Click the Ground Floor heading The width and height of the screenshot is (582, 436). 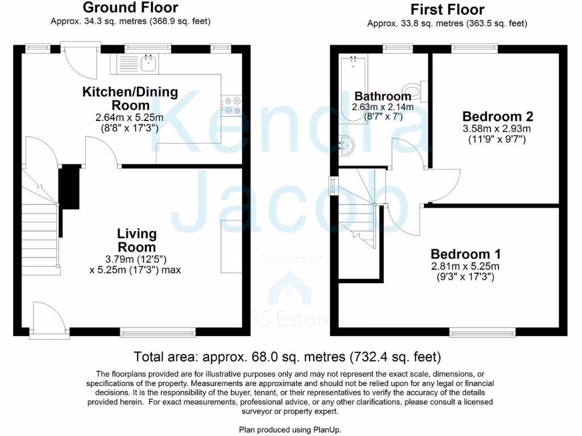click(x=130, y=8)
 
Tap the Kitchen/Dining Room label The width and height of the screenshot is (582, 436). click(x=130, y=98)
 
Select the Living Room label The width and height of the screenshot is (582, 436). click(x=136, y=240)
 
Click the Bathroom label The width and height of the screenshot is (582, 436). click(x=383, y=96)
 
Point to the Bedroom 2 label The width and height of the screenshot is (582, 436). click(x=497, y=116)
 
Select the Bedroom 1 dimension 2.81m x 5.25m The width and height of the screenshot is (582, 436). click(x=464, y=266)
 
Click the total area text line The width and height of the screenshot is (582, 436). click(x=287, y=357)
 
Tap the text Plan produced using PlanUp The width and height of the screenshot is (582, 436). click(x=290, y=430)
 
